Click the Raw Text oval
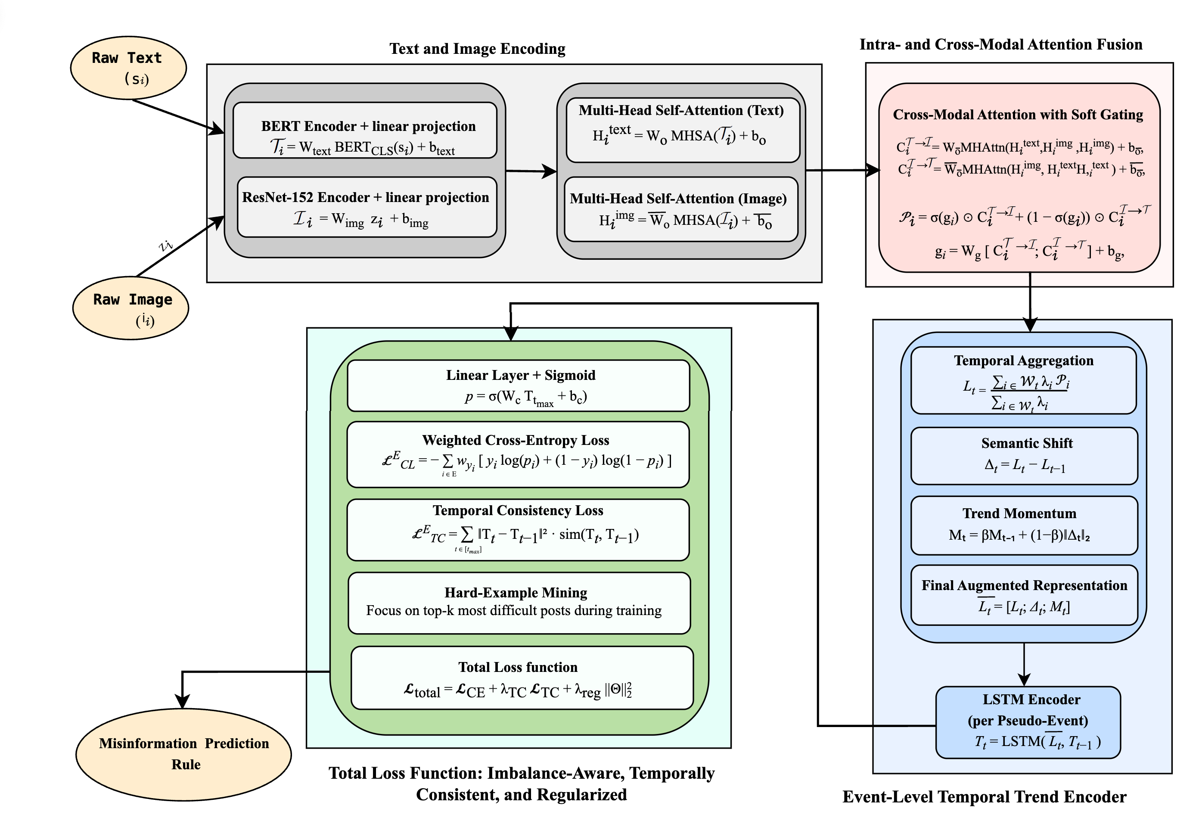tap(128, 68)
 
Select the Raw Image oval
tap(130, 308)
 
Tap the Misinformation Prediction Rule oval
tap(183, 754)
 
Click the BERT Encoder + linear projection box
tap(365, 131)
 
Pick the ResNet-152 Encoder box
tap(367, 207)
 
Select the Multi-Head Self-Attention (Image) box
tap(681, 209)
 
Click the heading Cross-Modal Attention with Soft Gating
tap(1017, 115)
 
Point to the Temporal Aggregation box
tap(1023, 380)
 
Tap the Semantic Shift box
tap(1024, 456)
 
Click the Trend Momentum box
tap(1024, 525)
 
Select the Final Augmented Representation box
tap(1024, 595)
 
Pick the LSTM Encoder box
tap(1028, 722)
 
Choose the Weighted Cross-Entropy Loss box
tap(518, 454)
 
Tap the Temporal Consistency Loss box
tap(518, 529)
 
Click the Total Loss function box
tap(522, 678)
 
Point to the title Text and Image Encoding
tap(477, 49)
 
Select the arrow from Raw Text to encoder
tap(177, 115)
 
